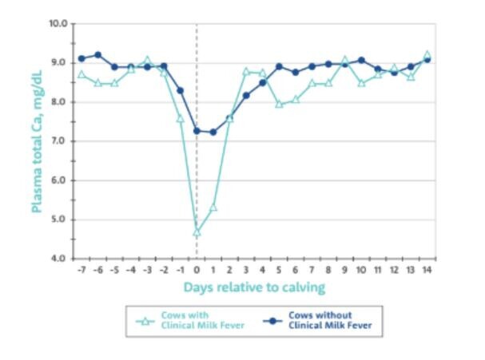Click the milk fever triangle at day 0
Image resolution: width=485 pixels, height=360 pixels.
197,232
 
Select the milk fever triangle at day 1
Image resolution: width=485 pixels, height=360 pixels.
213,208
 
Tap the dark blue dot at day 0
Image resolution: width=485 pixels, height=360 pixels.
197,130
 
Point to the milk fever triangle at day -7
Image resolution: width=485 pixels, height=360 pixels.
81,74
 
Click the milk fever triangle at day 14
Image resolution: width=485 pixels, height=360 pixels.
427,55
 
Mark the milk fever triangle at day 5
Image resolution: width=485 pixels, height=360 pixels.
279,104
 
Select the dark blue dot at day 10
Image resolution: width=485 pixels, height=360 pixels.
361,60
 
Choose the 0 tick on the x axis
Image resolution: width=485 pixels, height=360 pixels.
197,270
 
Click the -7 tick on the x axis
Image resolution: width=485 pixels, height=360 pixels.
81,270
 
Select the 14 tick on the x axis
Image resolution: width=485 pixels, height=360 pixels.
427,270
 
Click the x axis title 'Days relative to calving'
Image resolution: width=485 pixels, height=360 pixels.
255,286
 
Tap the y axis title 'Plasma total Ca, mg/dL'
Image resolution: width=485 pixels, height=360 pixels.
36,141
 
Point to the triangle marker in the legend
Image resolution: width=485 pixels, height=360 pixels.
145,321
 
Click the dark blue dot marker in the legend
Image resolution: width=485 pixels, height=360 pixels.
272,319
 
